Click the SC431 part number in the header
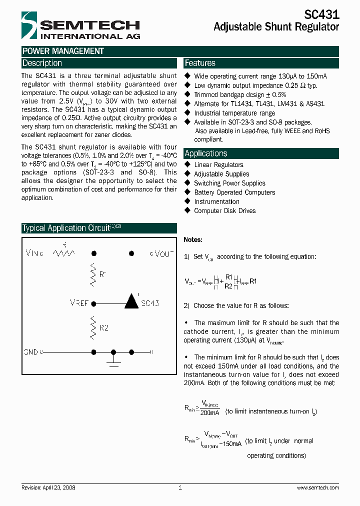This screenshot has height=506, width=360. pos(321,15)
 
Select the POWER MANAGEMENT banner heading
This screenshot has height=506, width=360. pos(63,51)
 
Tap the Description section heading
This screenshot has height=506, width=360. pos(42,63)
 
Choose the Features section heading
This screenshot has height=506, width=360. pos(200,63)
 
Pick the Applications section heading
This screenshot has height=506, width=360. pos(206,153)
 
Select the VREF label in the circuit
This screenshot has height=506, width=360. pos(80,303)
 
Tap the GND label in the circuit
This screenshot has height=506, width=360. pos(31,352)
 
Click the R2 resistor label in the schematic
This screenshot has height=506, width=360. pos(104,328)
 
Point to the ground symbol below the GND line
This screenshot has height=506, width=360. pos(114,362)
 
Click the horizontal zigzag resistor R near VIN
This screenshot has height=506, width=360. pos(64,253)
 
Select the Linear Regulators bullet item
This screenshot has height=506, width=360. pos(218,164)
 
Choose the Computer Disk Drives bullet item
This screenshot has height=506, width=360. pos(224,210)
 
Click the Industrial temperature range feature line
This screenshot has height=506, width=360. pos(234,113)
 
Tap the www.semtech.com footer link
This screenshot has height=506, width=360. pos(318,487)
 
